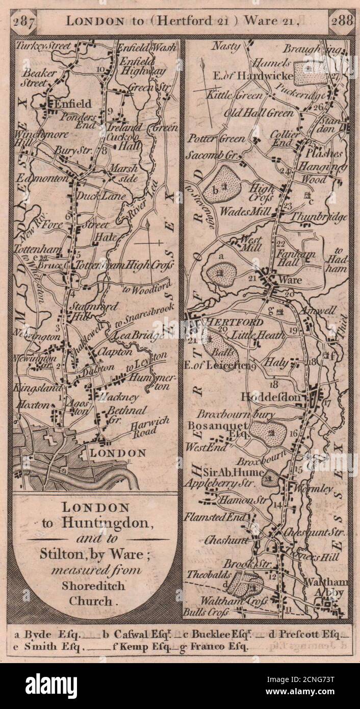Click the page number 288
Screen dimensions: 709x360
tap(341, 21)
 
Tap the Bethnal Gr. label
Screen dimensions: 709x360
tap(126, 414)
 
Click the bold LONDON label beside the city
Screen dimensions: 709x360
tap(117, 453)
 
